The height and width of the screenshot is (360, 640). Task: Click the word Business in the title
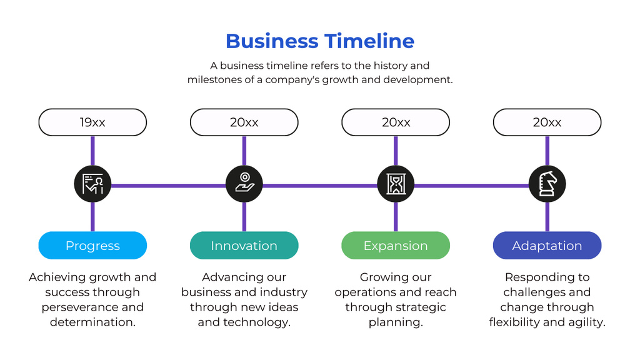pos(272,41)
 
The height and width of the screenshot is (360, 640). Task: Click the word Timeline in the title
pos(369,41)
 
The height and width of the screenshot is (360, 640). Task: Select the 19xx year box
pos(92,122)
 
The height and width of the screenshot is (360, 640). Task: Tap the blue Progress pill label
pos(92,246)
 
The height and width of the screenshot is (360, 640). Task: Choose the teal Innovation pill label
pos(244,246)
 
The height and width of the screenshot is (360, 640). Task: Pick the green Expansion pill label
pos(396,246)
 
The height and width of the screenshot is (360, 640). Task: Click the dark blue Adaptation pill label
pos(547,246)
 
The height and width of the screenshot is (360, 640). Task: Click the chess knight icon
pos(547,184)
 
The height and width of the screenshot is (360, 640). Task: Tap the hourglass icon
pos(396,184)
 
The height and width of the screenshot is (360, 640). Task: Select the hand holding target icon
pos(244,184)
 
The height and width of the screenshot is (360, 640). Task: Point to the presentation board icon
pos(92,184)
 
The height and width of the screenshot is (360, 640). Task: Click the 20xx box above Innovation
pos(244,122)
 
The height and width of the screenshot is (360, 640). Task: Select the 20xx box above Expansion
pos(396,122)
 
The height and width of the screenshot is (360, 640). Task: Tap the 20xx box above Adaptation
pos(547,122)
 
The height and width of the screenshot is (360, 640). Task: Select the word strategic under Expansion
pos(421,307)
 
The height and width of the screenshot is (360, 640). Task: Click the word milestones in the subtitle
pos(214,80)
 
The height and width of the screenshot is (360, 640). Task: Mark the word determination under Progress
pos(92,322)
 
